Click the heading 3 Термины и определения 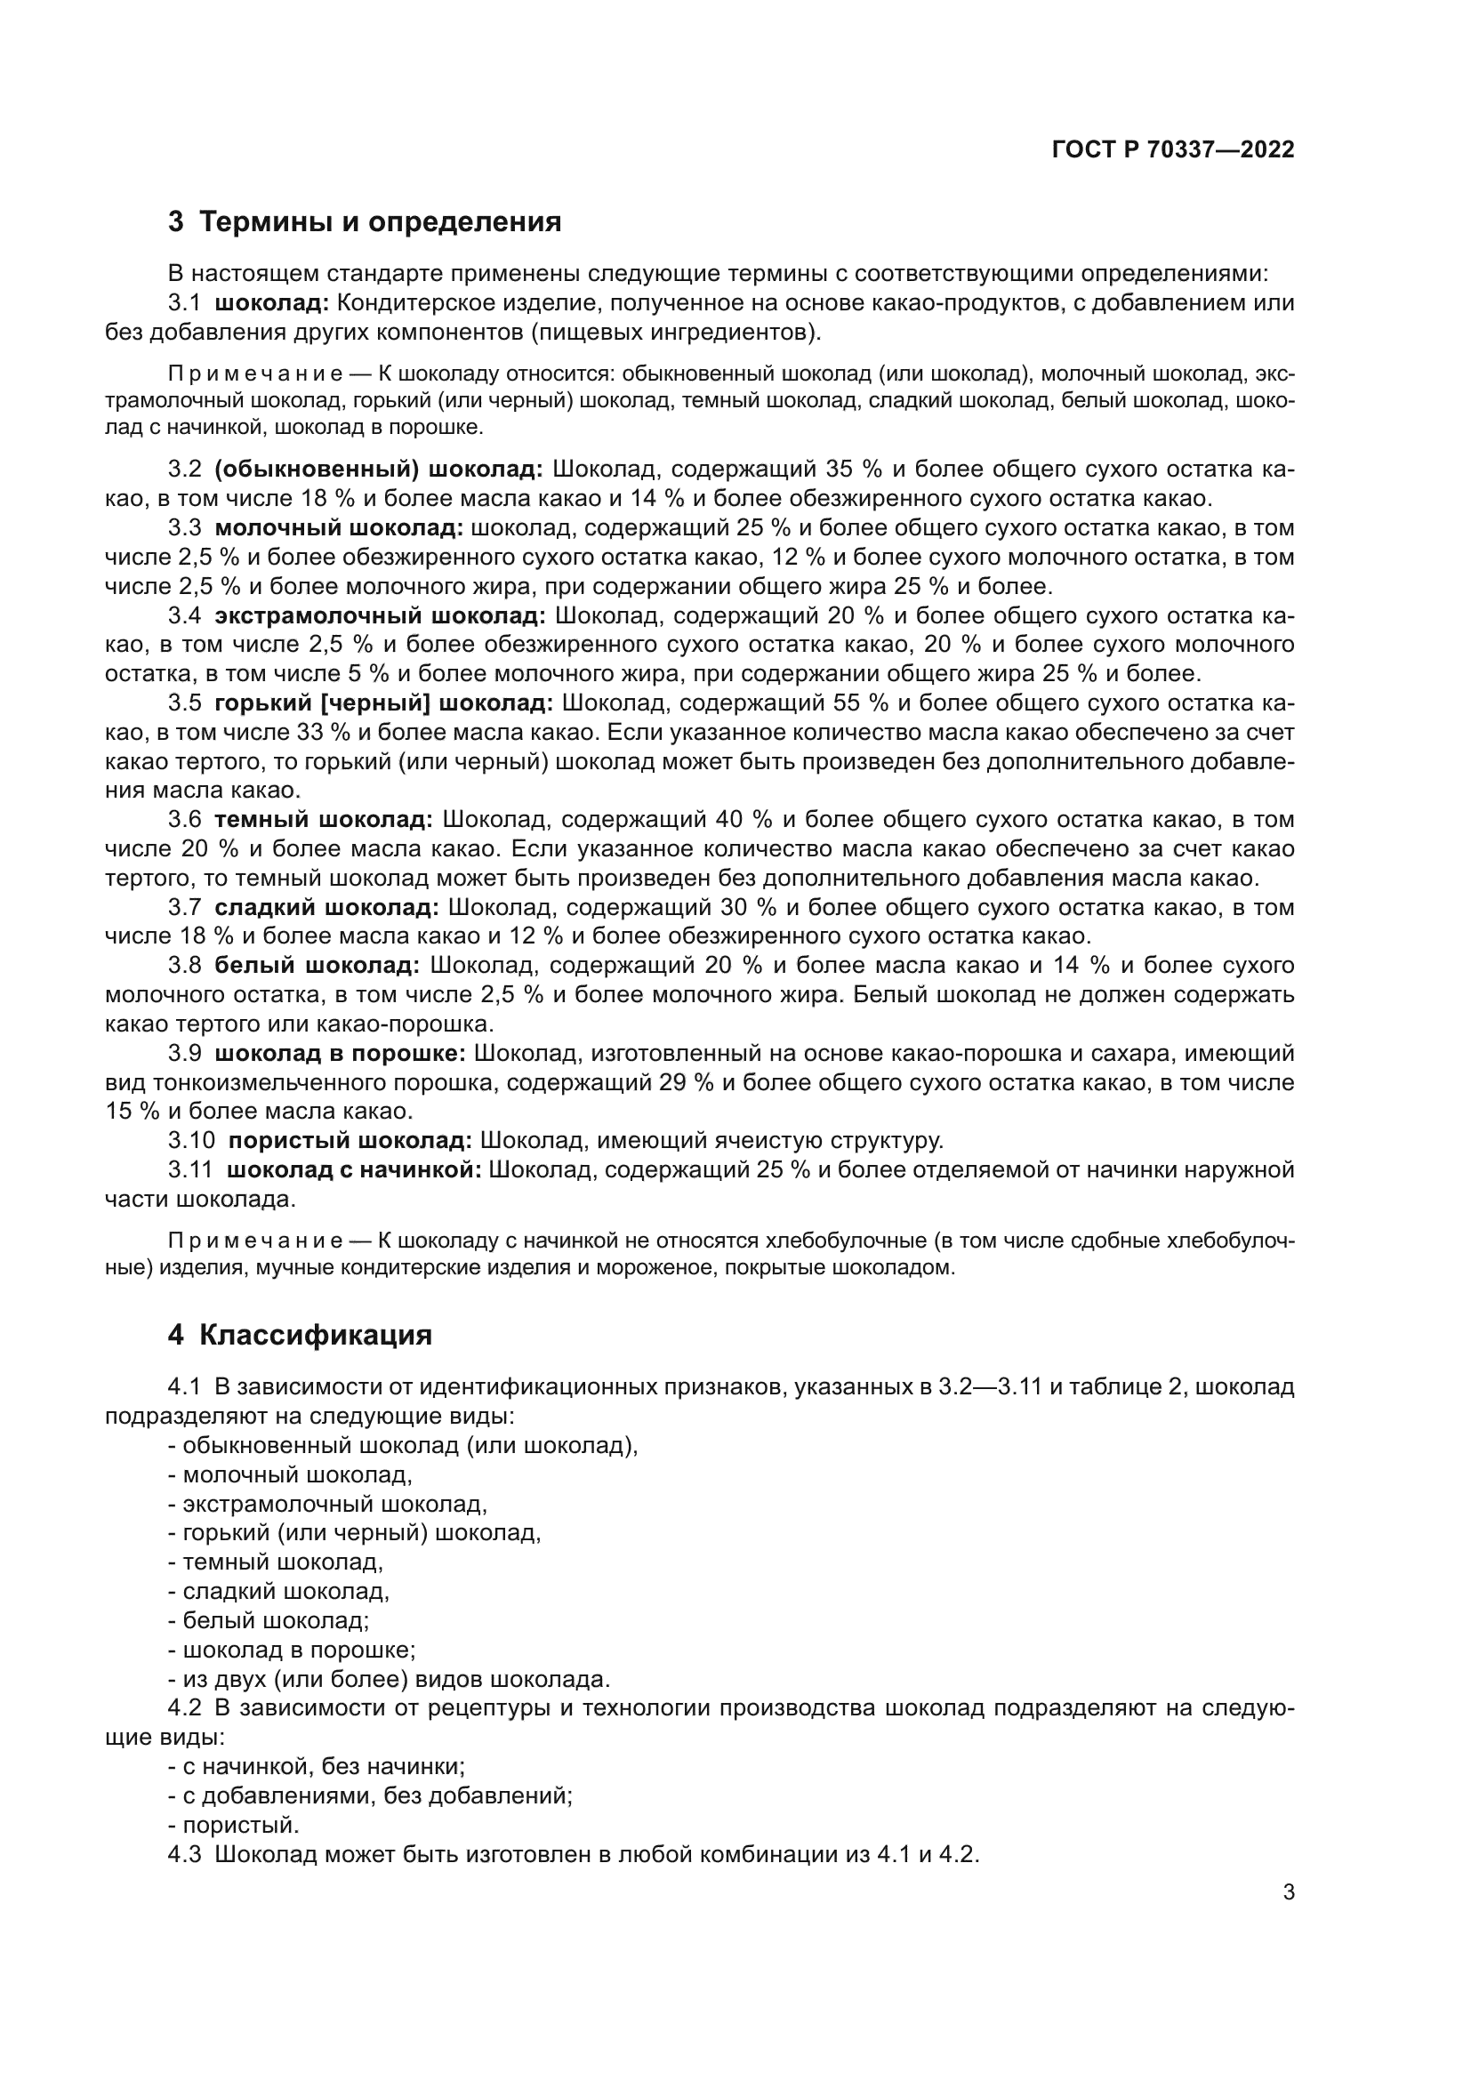coord(365,222)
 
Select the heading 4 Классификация coord(300,1336)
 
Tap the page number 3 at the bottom coord(1289,1892)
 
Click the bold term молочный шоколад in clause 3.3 coord(339,528)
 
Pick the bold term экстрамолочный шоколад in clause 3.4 coord(381,616)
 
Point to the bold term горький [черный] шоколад coord(383,704)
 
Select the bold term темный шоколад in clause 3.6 coord(324,820)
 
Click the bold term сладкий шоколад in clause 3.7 coord(326,908)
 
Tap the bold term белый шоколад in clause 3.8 coord(317,966)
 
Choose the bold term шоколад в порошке coord(341,1054)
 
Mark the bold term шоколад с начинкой coord(354,1170)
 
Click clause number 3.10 coord(191,1141)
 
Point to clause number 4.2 coord(185,1708)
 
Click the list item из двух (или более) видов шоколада coord(396,1680)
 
